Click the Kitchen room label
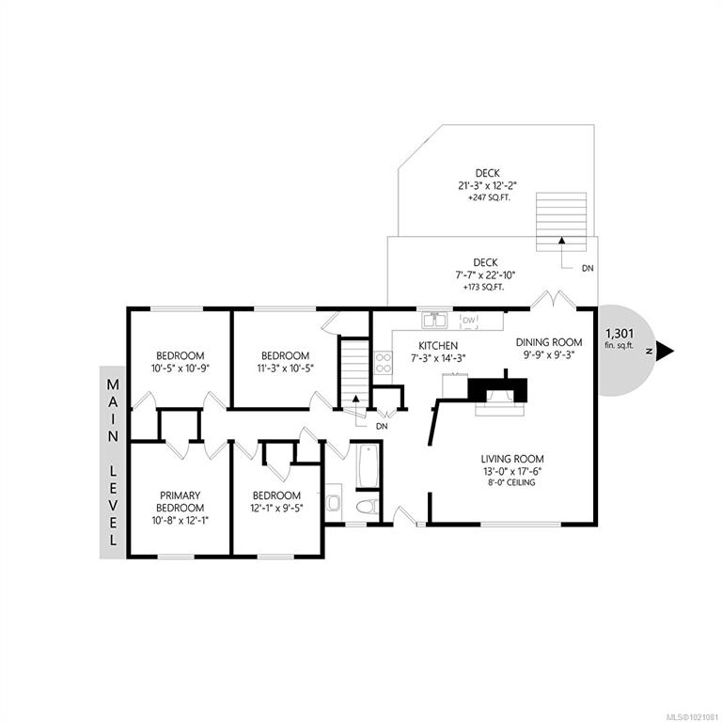438,345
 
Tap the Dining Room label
549,342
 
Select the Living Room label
512,459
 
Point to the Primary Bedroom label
180,501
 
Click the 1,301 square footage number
620,333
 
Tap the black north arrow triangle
666,351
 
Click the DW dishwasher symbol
469,321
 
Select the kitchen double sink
434,320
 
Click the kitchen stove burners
384,363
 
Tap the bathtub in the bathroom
367,465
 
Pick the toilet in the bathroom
367,506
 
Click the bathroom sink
333,502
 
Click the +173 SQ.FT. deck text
483,288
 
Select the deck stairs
561,222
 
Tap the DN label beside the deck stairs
588,268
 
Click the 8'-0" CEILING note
512,482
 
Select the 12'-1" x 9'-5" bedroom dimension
276,508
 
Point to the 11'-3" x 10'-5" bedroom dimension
285,369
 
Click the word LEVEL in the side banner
113,505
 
